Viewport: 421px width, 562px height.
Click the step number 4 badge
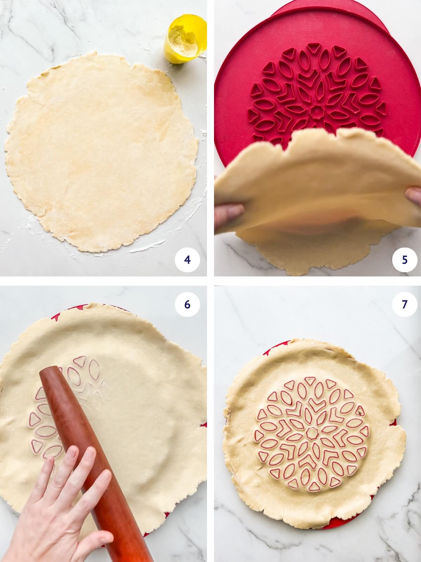pos(187,260)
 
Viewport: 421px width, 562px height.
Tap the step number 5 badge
pos(405,260)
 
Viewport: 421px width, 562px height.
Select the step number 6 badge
pos(187,304)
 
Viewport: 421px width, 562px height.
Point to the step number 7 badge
pos(405,304)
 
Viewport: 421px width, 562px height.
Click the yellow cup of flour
pos(185,39)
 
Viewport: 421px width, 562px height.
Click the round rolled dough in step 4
pos(102,151)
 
